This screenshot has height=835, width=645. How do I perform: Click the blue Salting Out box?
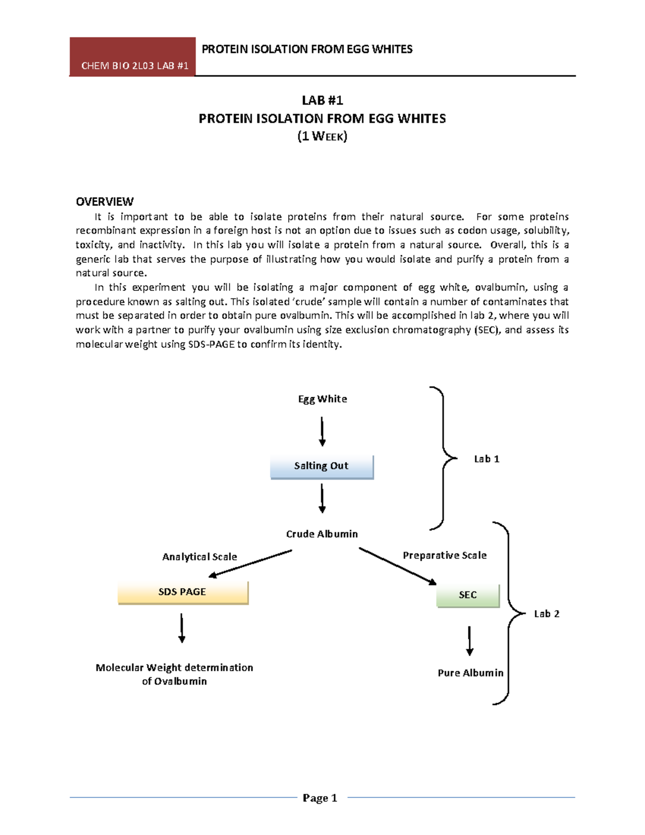point(321,466)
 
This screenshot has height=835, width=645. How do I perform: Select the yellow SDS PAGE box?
point(183,592)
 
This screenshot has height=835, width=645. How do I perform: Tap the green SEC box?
point(468,595)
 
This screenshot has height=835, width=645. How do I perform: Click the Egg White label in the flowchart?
point(322,399)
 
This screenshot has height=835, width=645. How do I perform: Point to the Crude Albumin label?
point(321,534)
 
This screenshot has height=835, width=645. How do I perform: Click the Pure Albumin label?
point(470,673)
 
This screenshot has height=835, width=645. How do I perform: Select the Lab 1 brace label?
point(486,459)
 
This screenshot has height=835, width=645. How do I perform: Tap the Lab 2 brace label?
point(546,614)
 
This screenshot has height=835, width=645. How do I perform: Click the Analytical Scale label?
point(199,557)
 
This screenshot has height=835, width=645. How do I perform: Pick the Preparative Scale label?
point(445,555)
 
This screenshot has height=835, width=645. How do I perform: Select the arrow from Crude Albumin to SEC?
point(398,566)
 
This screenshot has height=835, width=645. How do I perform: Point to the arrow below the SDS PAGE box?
point(182,628)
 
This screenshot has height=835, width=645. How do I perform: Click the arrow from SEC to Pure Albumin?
point(469,640)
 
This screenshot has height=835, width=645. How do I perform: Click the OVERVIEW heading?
point(104,202)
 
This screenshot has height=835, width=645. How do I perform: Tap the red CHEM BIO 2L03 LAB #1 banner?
point(133,57)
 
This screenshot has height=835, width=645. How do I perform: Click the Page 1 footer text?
point(320,798)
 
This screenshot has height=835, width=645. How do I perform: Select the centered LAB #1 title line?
point(322,101)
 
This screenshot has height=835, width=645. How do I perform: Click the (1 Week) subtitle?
point(322,137)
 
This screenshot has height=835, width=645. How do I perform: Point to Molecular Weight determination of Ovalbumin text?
point(174,674)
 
